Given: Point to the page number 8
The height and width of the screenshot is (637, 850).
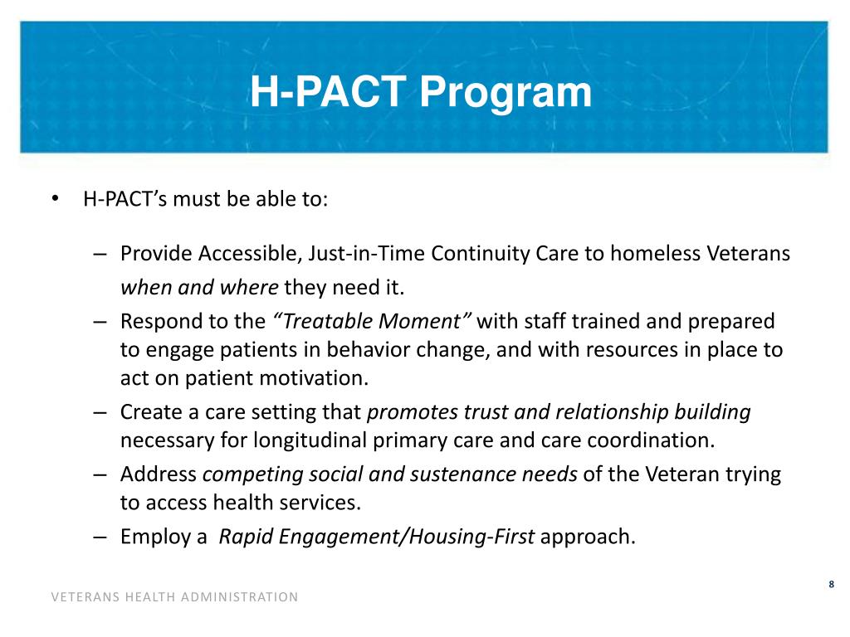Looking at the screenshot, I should coord(831,586).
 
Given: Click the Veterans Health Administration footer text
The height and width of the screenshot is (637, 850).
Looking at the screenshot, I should coord(174,596).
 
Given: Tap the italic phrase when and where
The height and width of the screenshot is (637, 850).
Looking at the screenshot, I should coord(199,288).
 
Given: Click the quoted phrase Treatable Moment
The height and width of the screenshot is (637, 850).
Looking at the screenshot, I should coord(372,321).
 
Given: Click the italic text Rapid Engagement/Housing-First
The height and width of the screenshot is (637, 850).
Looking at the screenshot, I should coord(376,537).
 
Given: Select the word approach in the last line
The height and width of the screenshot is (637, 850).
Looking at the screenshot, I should coord(587,537).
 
